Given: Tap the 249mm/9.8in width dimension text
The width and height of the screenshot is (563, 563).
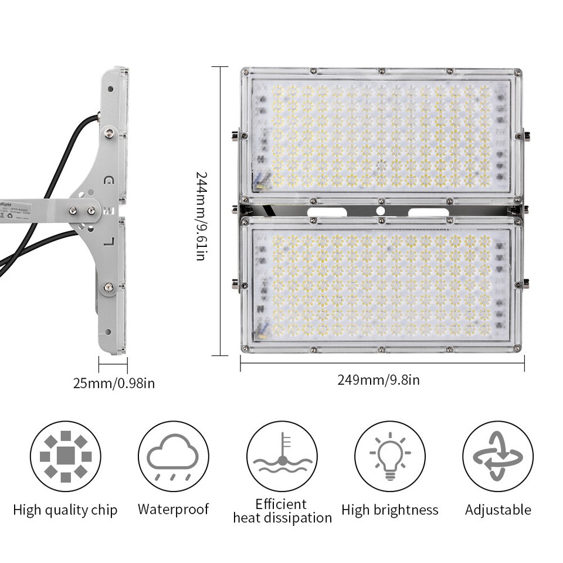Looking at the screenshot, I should tap(378, 380).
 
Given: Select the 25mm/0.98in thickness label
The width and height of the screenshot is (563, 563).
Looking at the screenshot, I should tap(114, 384).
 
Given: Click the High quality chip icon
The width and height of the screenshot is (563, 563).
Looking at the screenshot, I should tap(66, 456).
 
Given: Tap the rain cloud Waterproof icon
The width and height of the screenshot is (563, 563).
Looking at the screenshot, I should tap(173, 456).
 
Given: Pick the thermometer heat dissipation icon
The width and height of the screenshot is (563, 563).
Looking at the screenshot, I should tap(281, 456).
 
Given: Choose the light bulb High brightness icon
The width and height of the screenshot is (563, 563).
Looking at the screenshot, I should tap(390, 456).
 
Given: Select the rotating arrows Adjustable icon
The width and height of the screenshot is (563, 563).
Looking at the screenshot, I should tap(498, 456).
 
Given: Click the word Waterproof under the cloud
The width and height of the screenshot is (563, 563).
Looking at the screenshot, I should tap(173, 509).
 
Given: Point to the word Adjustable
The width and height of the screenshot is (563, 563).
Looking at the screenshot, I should tap(498, 510).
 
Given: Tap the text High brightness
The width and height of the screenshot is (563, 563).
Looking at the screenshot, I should tap(390, 510).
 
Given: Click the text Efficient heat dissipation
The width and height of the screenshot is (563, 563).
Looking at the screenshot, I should tap(282, 511).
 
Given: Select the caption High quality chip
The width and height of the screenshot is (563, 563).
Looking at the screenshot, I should tap(65, 510).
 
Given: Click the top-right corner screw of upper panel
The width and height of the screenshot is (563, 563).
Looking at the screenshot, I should tap(517, 73).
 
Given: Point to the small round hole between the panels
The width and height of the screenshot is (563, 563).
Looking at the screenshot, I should tap(381, 211).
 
